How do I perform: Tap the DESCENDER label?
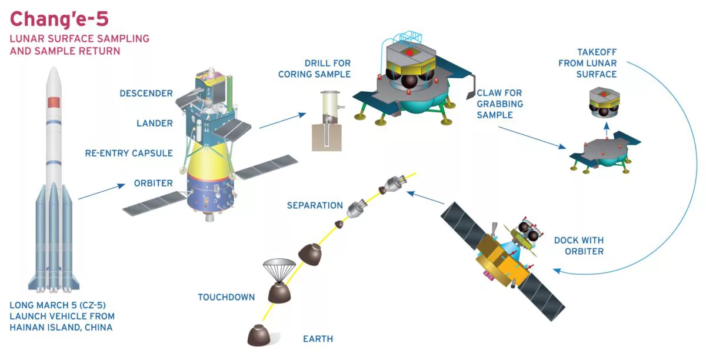[146, 94]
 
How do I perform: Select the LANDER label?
[154, 124]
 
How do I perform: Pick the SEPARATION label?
[315, 205]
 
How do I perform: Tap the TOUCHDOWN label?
[226, 297]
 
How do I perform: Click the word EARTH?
[318, 339]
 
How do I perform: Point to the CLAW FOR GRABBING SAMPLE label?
[499, 104]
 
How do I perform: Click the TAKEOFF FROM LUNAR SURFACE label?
[588, 63]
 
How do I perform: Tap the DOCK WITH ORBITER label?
[579, 246]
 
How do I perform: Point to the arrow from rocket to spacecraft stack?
[101, 191]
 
